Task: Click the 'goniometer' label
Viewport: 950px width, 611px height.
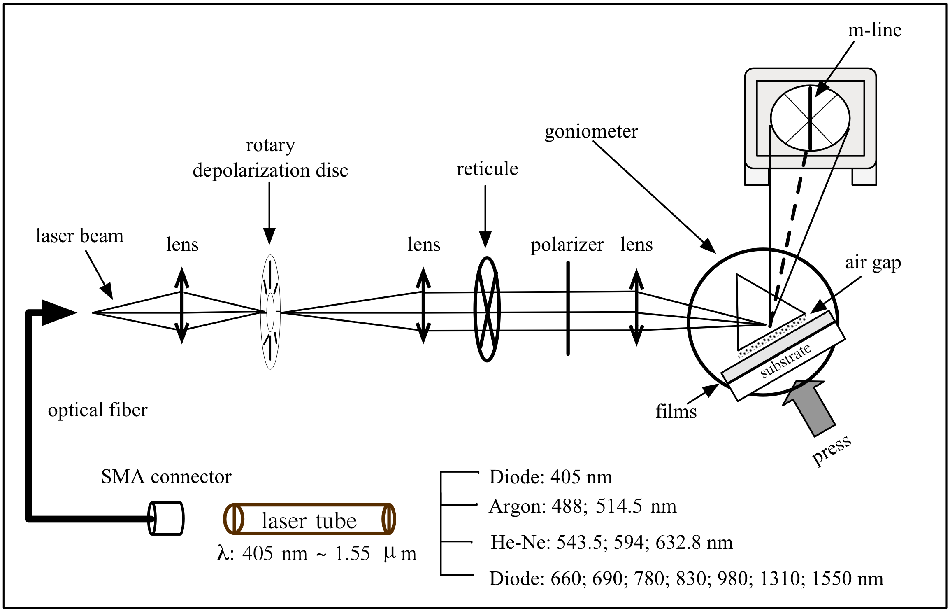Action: point(591,132)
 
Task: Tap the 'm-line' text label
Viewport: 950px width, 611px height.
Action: point(874,30)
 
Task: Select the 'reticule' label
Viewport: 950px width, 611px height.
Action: point(487,169)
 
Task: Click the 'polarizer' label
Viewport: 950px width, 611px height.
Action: point(567,245)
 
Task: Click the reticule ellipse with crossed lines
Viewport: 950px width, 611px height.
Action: point(487,309)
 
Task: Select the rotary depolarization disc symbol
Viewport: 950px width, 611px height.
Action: point(270,312)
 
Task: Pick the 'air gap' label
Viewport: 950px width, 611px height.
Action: point(873,263)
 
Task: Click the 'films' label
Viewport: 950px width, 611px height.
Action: point(676,412)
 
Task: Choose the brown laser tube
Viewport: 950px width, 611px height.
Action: point(309,519)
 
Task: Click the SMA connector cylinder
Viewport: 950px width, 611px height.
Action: point(166,518)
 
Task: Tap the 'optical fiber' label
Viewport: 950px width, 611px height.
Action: point(98,410)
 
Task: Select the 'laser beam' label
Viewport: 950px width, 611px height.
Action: point(79,236)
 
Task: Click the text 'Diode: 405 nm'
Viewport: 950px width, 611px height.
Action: point(550,477)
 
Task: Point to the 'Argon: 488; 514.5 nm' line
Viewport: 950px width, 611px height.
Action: point(582,506)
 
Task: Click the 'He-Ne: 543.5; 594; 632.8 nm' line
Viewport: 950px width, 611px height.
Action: point(611,542)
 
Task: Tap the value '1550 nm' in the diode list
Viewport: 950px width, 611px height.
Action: point(847,578)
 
